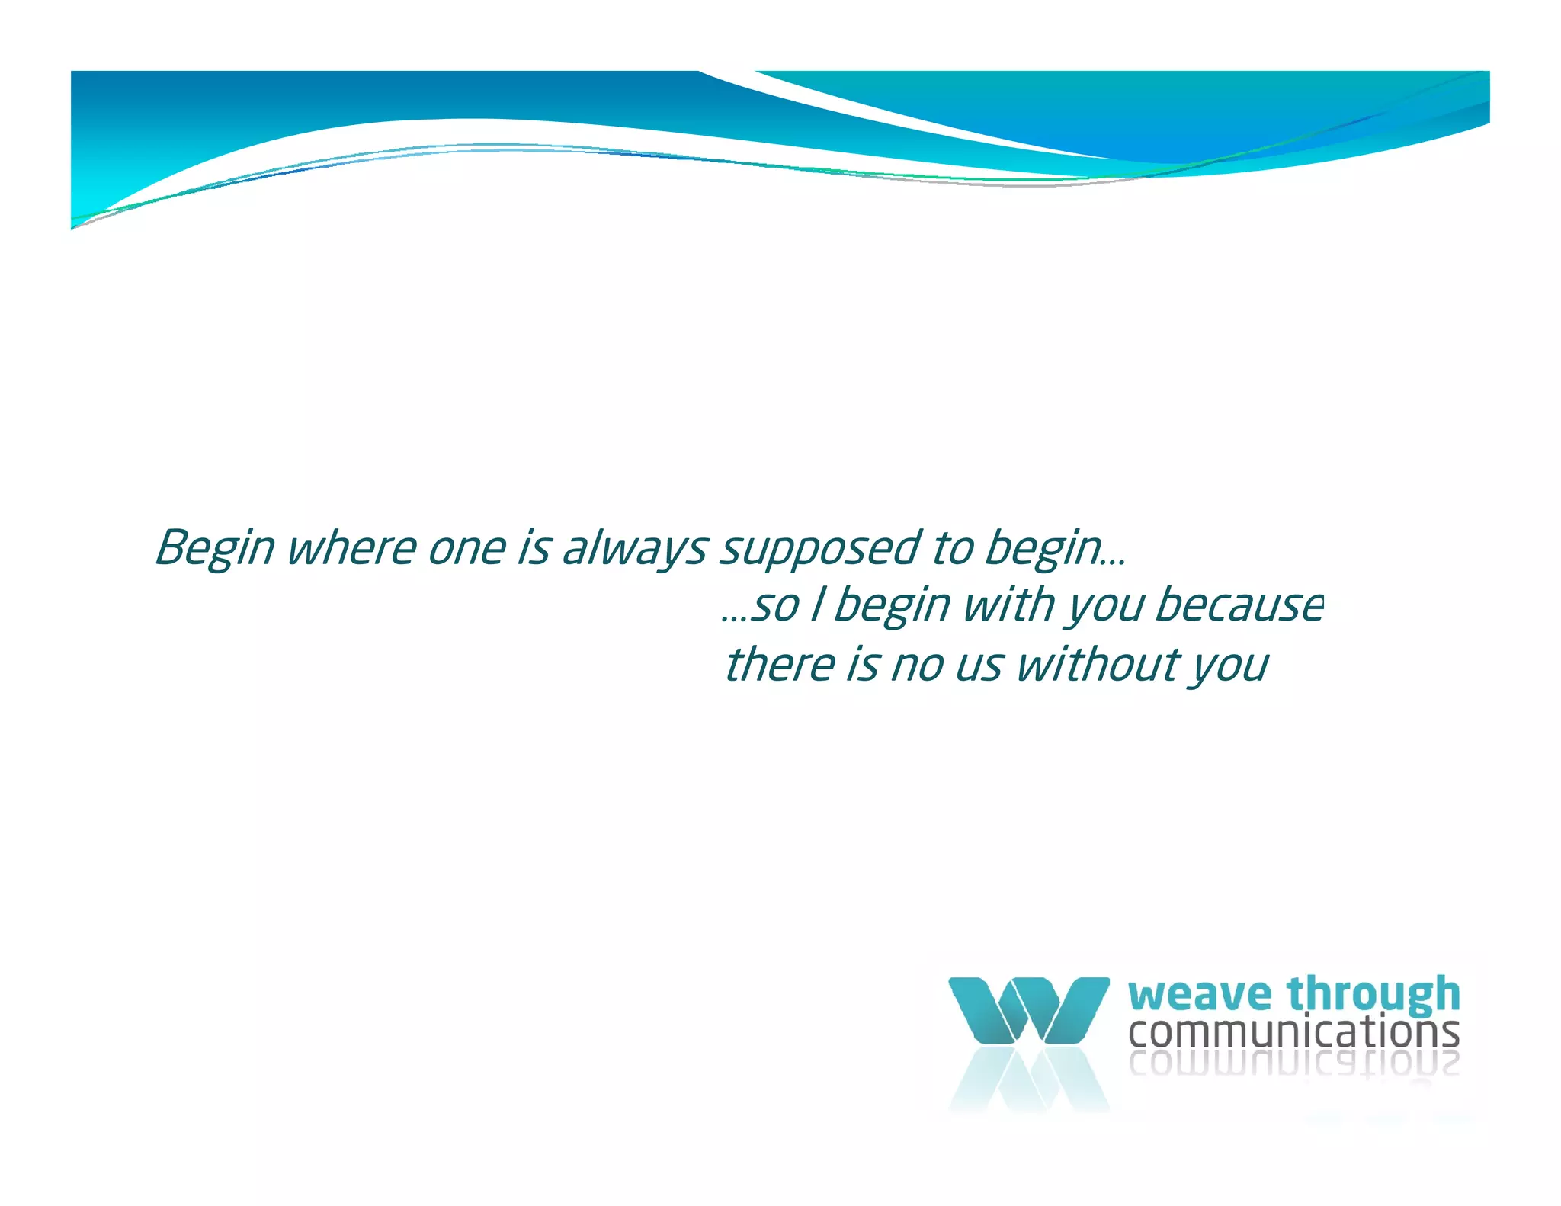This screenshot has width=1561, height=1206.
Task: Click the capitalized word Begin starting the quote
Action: [x=214, y=548]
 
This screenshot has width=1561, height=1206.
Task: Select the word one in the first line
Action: [x=467, y=548]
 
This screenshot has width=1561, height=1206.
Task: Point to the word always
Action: [x=634, y=548]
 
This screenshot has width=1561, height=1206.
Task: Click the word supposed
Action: [x=820, y=548]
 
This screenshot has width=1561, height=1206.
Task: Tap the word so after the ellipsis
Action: [x=775, y=606]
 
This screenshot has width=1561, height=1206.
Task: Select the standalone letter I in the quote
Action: [x=816, y=606]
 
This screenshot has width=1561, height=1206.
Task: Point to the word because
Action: [x=1239, y=606]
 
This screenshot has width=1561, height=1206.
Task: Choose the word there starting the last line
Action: [x=780, y=664]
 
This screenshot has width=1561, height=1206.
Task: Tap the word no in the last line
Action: [x=917, y=664]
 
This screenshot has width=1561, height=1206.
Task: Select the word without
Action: [x=1097, y=664]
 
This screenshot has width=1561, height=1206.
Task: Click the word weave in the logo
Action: [x=1200, y=996]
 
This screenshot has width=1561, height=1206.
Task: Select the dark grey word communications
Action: [x=1293, y=1032]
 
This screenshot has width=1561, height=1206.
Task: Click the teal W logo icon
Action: [x=1028, y=1010]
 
